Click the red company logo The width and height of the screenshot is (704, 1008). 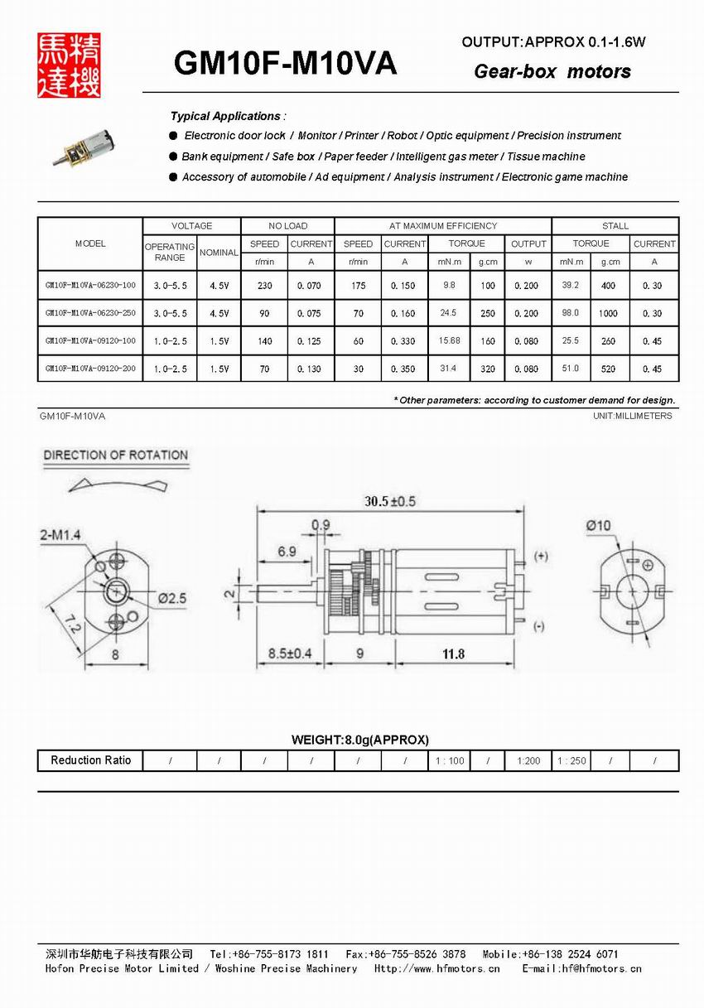tap(69, 65)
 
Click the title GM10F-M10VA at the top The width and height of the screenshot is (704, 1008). tap(285, 64)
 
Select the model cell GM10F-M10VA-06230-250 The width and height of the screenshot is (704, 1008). tap(90, 313)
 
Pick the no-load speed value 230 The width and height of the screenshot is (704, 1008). tap(264, 286)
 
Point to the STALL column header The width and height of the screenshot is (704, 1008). tap(615, 225)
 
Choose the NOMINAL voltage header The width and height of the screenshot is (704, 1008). tap(219, 252)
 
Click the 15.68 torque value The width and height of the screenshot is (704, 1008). tap(450, 340)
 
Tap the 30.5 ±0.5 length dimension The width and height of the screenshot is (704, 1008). tap(390, 501)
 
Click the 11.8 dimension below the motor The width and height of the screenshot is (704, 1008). tap(453, 654)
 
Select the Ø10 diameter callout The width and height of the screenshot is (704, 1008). tap(598, 525)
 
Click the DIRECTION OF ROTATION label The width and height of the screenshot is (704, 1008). tap(115, 455)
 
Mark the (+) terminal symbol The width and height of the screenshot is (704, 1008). tap(541, 556)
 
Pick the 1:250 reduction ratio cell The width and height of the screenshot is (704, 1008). tap(571, 760)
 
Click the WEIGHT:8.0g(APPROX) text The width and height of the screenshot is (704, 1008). tap(359, 740)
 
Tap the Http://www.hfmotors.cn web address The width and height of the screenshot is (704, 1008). tap(436, 967)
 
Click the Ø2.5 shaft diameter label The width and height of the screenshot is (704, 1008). tap(172, 597)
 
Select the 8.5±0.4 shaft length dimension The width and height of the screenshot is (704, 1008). tap(290, 654)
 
